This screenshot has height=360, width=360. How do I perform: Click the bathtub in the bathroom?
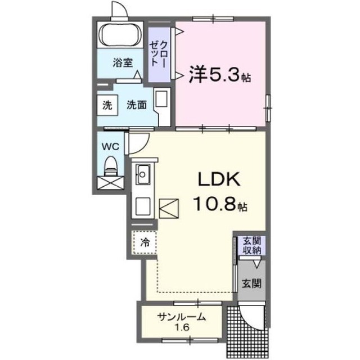(120, 35)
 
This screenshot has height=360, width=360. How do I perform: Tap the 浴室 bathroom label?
(123, 62)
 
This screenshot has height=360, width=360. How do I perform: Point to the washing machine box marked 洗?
(107, 105)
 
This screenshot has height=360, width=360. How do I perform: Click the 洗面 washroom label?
(137, 105)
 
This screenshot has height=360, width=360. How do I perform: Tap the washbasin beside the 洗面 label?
(162, 107)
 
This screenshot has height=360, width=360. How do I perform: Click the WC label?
(110, 146)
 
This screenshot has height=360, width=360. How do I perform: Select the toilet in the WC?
(111, 166)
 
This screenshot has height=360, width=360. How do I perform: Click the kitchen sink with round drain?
(142, 174)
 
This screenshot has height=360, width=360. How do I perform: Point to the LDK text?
(219, 179)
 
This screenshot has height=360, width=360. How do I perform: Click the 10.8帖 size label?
(220, 204)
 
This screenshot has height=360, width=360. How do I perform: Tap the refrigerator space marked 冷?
(145, 242)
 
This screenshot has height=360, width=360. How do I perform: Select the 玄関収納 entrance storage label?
(252, 246)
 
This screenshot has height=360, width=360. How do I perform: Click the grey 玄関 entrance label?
(251, 283)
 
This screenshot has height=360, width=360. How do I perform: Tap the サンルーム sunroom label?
(181, 317)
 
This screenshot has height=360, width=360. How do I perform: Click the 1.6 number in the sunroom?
(183, 327)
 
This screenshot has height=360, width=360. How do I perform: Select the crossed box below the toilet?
(110, 183)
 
